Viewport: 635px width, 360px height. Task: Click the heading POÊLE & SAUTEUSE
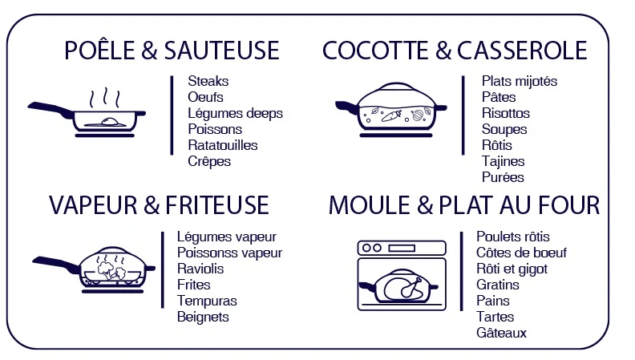[172, 51]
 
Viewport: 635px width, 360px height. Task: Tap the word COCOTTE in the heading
[375, 51]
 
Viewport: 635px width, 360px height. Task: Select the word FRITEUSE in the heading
[217, 205]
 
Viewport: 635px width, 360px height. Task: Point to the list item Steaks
[208, 81]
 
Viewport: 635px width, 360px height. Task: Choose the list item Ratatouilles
[223, 145]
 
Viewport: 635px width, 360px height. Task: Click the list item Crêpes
[209, 161]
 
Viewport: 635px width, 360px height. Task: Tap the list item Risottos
[506, 113]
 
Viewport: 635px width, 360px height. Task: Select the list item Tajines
[503, 161]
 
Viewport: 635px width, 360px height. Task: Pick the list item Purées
[503, 177]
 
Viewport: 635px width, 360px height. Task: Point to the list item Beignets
[203, 317]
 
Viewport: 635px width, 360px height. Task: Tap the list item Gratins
[498, 285]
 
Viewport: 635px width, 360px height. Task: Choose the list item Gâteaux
[501, 333]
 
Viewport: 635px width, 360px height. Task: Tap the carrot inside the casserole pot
[391, 116]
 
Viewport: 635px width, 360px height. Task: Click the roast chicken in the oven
[403, 287]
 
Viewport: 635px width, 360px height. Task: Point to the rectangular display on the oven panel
[402, 248]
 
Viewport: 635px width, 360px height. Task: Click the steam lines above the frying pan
[105, 97]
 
